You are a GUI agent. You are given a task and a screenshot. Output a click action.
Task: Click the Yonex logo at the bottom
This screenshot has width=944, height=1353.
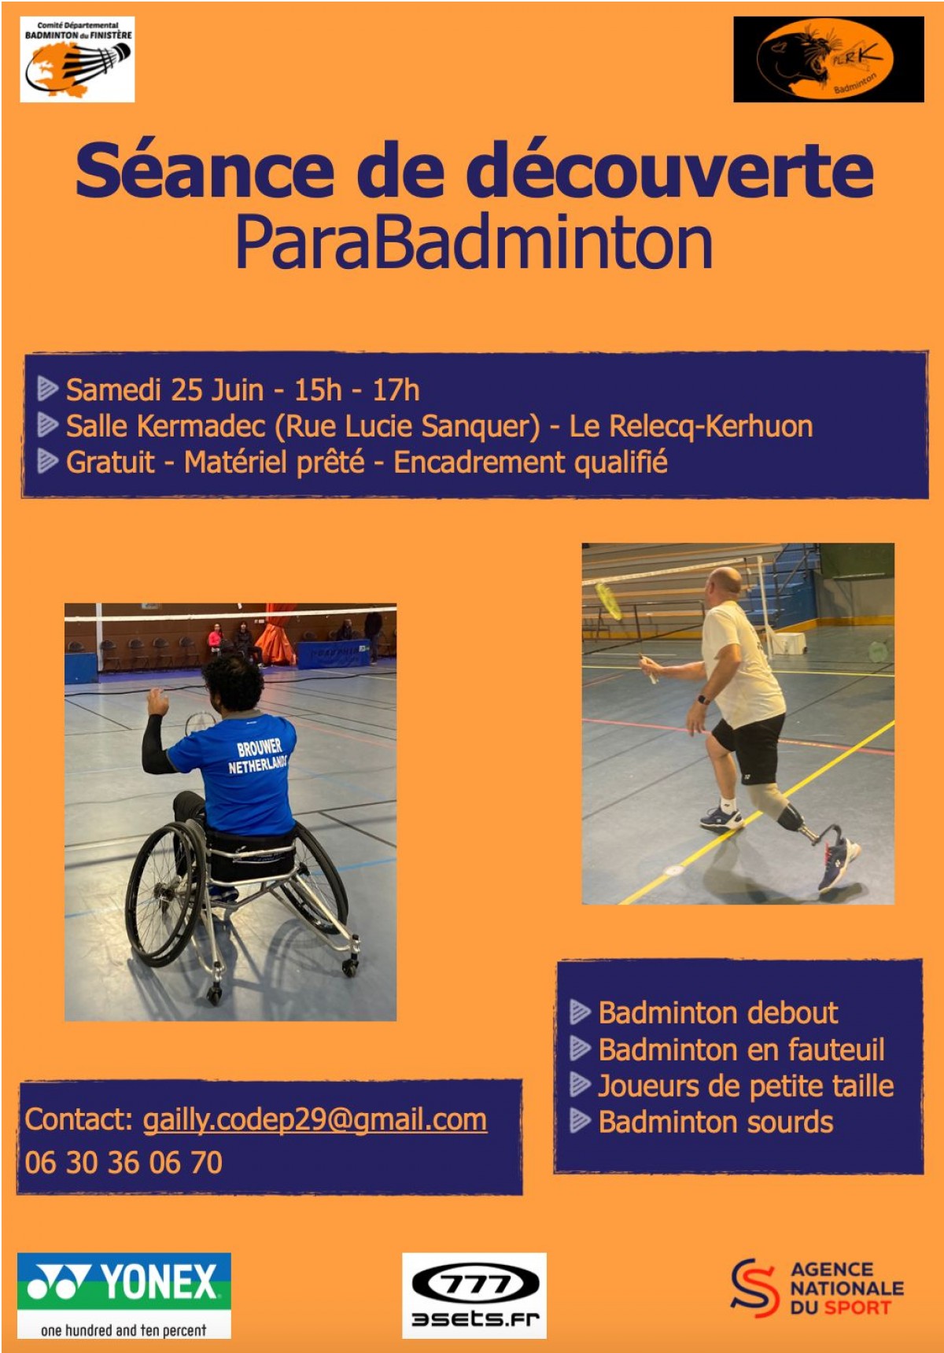point(124,1295)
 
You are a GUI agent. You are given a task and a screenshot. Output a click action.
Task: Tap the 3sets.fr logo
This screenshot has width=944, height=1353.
point(474,1295)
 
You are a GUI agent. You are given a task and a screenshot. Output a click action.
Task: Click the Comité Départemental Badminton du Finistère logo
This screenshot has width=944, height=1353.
point(77,60)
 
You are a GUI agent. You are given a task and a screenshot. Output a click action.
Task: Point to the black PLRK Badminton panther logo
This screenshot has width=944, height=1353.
point(828,60)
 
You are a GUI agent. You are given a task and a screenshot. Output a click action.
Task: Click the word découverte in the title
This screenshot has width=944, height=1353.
point(669,170)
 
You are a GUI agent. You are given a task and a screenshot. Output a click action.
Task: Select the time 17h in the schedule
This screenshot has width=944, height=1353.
point(396,389)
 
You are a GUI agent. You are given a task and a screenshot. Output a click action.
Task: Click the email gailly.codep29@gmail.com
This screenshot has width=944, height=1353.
point(315,1120)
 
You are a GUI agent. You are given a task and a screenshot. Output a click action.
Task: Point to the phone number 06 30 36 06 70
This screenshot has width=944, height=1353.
point(124,1163)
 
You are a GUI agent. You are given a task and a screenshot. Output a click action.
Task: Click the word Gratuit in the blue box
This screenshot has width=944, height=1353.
point(110,463)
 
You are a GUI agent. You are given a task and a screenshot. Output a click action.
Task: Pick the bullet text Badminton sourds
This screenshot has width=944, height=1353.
point(716,1123)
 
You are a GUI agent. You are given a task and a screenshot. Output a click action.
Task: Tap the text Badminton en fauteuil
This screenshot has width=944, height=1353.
point(742,1050)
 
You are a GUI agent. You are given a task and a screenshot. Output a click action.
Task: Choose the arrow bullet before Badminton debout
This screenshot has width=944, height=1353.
point(581,1012)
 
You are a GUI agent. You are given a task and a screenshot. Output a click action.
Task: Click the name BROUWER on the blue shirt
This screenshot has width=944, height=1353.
point(260,747)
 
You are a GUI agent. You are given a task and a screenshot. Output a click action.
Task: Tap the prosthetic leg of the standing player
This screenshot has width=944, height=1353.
point(791,819)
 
